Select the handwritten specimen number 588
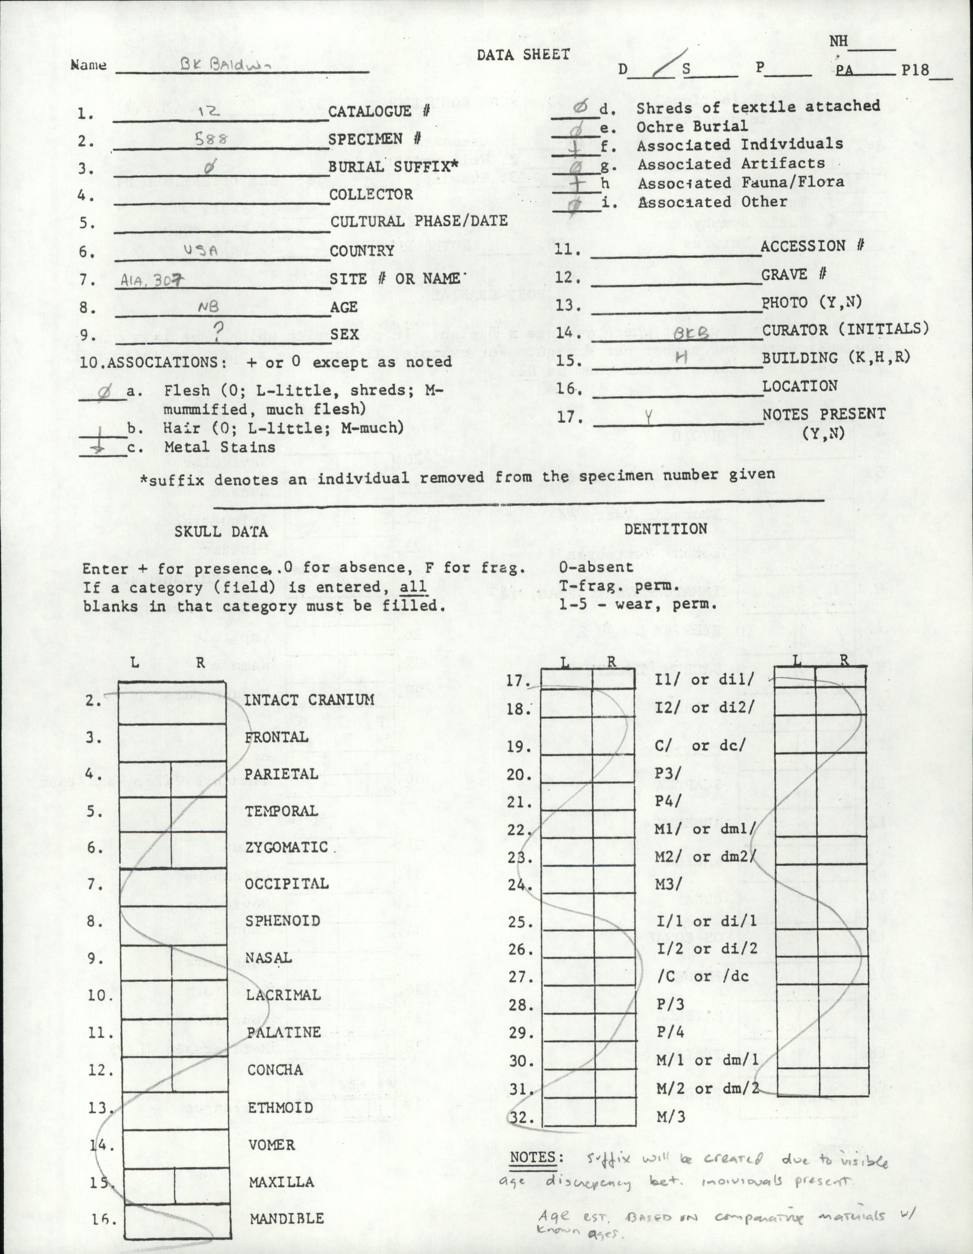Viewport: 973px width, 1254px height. [212, 139]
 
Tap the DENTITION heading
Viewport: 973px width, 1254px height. [666, 529]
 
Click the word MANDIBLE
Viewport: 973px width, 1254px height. [286, 1218]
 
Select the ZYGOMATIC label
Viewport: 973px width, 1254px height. [286, 847]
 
